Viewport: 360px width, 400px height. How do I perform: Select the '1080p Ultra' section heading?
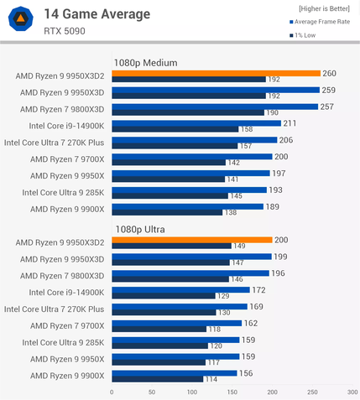click(140, 229)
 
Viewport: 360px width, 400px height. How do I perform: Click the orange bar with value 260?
click(216, 73)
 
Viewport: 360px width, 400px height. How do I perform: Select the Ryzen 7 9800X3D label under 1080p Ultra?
click(61, 275)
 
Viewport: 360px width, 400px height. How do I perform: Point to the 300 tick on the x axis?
click(352, 392)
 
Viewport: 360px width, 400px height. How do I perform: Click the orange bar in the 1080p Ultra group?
click(191, 240)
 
